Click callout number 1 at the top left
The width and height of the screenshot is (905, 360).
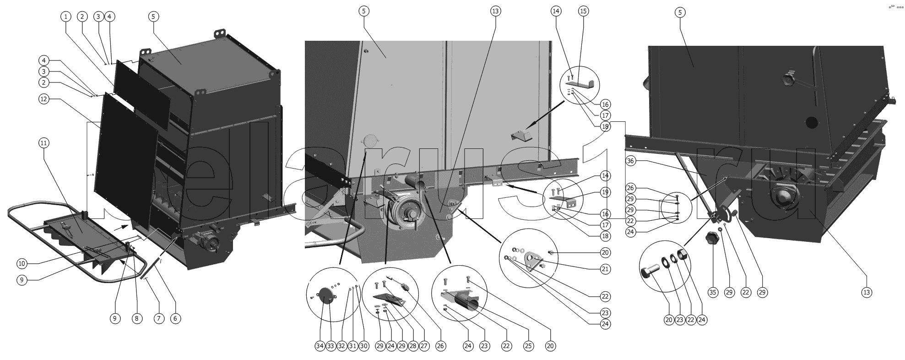[x=66, y=16]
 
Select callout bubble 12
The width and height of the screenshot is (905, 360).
[x=43, y=99]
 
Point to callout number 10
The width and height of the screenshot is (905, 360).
[x=22, y=263]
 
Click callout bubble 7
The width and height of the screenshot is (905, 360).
[x=158, y=318]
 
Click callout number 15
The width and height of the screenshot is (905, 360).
[x=583, y=11]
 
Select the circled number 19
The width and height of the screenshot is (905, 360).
[x=605, y=192]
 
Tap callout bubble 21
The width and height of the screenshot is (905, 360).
[x=605, y=269]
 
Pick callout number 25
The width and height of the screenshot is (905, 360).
[x=528, y=346]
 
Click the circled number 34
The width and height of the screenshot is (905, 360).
[x=320, y=346]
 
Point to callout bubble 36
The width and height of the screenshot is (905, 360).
[x=630, y=161]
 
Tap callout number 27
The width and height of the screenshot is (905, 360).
[x=424, y=346]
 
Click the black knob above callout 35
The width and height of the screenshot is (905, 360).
[x=712, y=238]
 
